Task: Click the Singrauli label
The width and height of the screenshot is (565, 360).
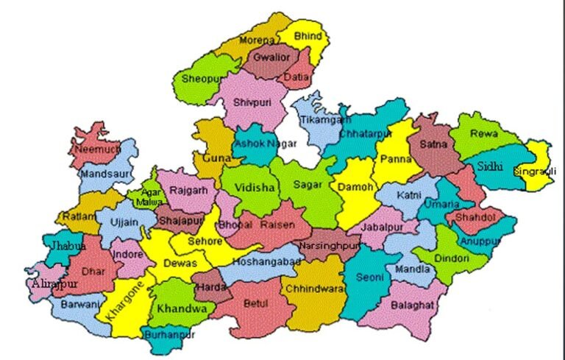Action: click(x=535, y=171)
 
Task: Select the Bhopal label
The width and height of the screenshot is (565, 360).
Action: click(x=236, y=223)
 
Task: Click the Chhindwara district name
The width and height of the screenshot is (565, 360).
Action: click(x=315, y=289)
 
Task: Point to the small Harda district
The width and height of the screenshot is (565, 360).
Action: click(x=207, y=286)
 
